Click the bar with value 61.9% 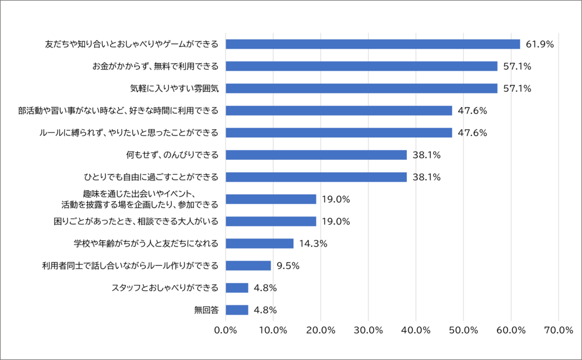(x=372, y=44)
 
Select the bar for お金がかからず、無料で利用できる (x=361, y=66)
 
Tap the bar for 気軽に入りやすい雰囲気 (x=361, y=88)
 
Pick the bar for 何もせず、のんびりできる (x=316, y=155)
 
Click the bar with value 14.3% (x=260, y=243)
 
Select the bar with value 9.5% (x=248, y=265)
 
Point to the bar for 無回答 (x=237, y=310)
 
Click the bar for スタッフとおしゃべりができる (x=237, y=288)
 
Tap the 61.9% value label (x=539, y=44)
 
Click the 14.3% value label (x=313, y=244)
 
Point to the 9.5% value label (x=288, y=266)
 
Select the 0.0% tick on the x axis (x=225, y=330)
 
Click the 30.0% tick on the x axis (x=368, y=330)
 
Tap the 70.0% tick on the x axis (x=558, y=330)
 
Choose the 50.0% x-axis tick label (x=463, y=330)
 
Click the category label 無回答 (x=206, y=310)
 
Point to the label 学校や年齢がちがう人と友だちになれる (x=146, y=243)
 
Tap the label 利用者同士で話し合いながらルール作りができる (x=130, y=266)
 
